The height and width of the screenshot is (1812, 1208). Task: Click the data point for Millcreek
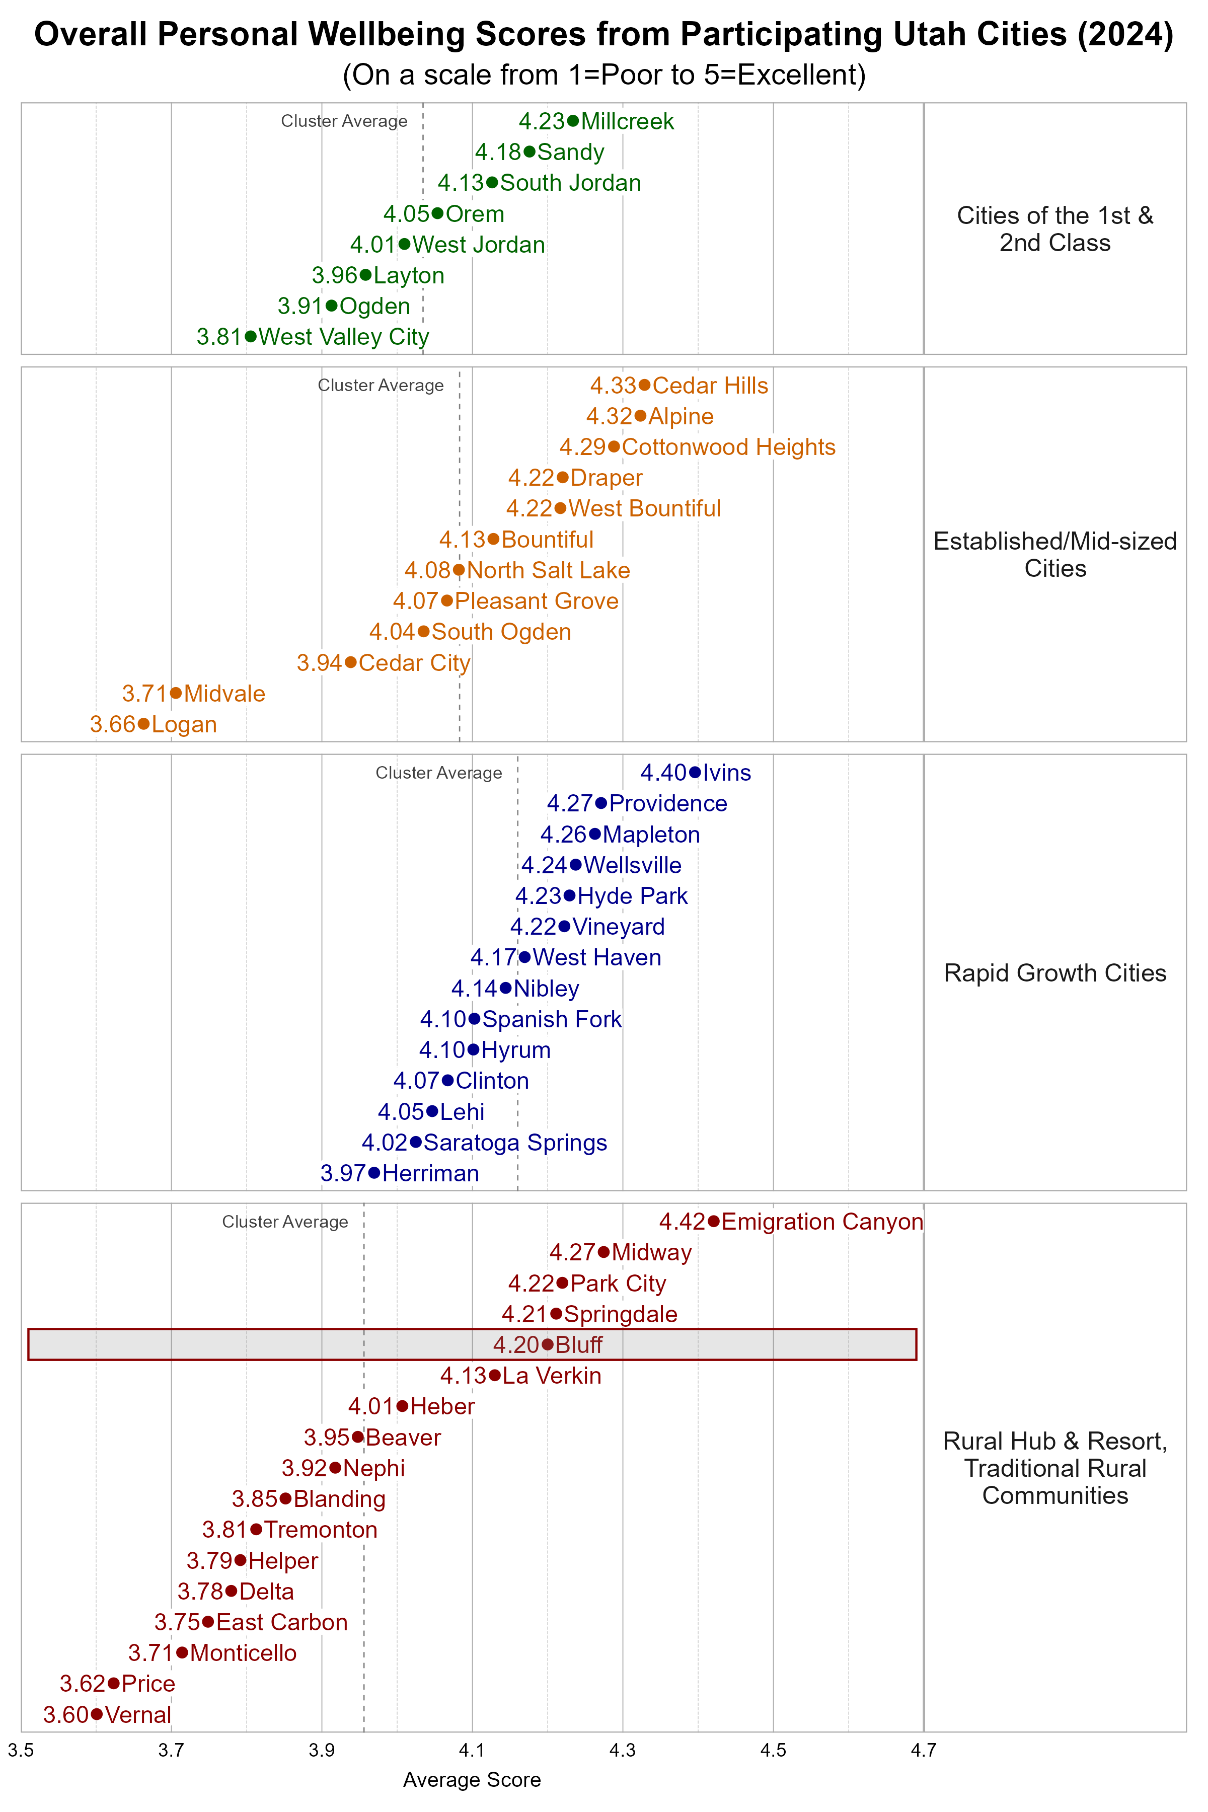(572, 121)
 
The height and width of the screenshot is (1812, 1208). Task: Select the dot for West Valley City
(250, 337)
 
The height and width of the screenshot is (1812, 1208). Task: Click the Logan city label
(184, 724)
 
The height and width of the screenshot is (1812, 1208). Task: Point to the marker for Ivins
(695, 772)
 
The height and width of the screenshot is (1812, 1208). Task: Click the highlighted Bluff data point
(548, 1344)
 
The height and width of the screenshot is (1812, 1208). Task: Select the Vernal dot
(96, 1714)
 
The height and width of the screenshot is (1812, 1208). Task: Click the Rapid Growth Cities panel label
(1054, 973)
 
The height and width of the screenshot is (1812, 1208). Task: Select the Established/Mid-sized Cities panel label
(1054, 555)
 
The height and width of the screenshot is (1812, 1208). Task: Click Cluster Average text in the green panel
(344, 121)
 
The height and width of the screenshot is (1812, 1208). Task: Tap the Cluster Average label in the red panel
(285, 1222)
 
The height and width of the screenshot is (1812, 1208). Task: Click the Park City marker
(562, 1282)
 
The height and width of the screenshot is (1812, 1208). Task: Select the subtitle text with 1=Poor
(604, 74)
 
